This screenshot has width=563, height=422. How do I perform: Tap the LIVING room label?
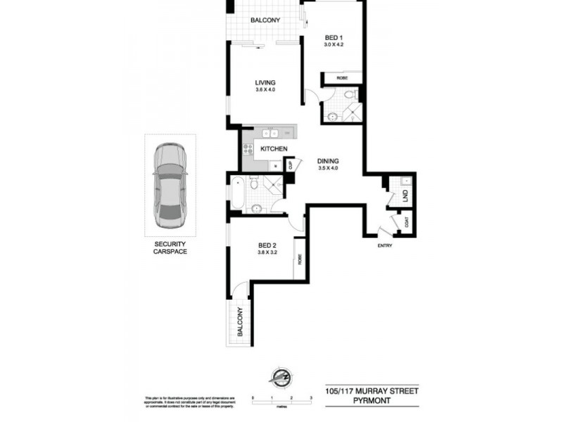click(265, 82)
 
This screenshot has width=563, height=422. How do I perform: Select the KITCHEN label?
click(274, 149)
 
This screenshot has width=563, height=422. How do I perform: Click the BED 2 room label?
click(265, 244)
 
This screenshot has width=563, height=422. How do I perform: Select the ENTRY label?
click(384, 245)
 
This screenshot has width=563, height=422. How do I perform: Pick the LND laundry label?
click(406, 198)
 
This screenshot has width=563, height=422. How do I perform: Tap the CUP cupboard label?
click(289, 165)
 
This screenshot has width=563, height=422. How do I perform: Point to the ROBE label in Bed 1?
click(342, 78)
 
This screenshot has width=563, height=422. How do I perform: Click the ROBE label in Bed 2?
click(300, 258)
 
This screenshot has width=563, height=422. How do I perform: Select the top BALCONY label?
click(265, 20)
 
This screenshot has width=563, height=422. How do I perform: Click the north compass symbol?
click(281, 377)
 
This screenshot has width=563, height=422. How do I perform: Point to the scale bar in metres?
click(281, 401)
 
